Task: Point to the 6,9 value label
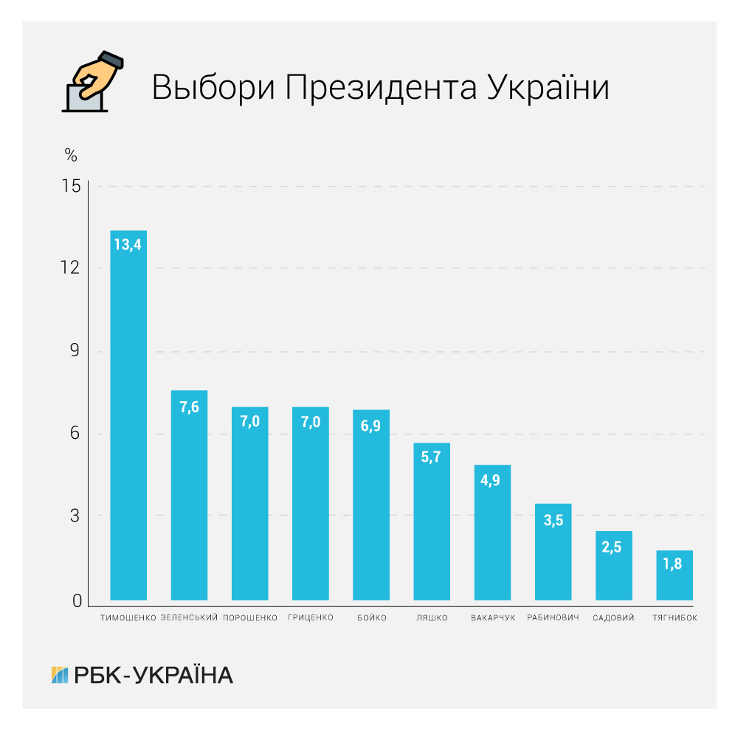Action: click(370, 425)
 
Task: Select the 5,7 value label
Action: click(431, 457)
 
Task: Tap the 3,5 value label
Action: click(553, 519)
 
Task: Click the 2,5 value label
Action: click(613, 547)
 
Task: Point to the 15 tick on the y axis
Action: click(72, 187)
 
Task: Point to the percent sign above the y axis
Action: click(71, 156)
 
